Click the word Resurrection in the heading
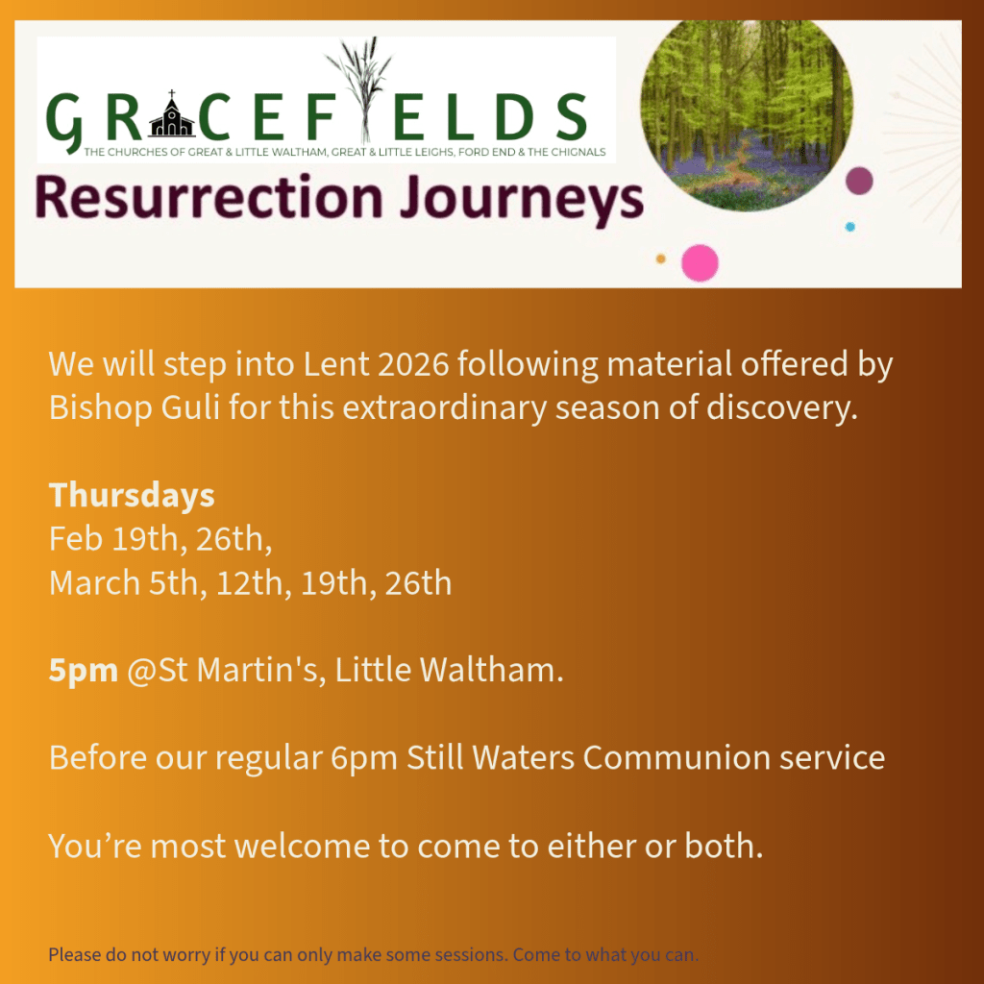209,198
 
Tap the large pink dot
700,263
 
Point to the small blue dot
849,227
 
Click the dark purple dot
859,181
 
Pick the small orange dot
661,258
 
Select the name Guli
190,407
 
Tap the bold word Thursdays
132,495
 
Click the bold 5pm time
84,670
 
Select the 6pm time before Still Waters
364,758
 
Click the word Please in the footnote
75,954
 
